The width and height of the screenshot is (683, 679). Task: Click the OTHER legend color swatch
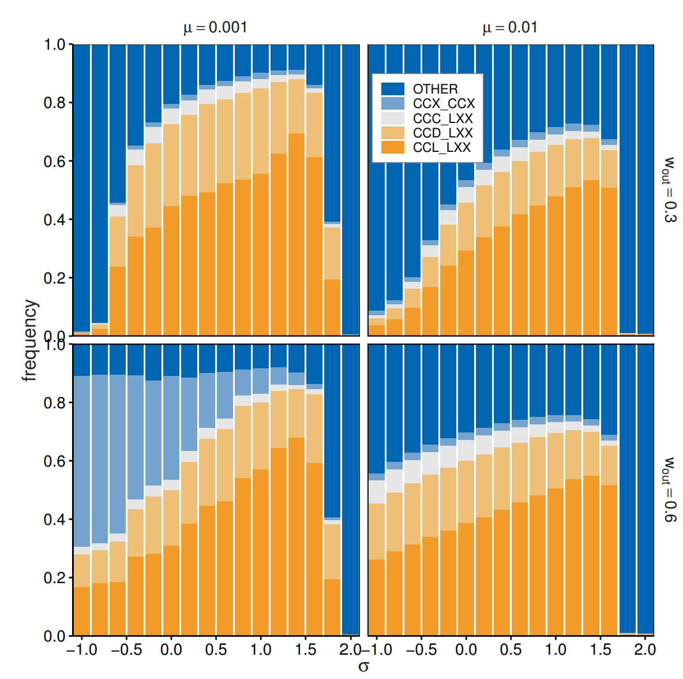(x=392, y=89)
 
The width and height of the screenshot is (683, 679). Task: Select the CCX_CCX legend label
(x=444, y=104)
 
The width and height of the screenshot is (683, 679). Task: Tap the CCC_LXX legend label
(x=442, y=118)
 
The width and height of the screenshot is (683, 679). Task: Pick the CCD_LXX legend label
(x=442, y=133)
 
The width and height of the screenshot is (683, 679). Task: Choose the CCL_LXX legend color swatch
(x=392, y=148)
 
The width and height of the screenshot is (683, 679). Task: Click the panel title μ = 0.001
(x=215, y=28)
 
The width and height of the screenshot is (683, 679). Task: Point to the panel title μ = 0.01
(x=510, y=28)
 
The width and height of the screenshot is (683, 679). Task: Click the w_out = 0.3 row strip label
(x=670, y=189)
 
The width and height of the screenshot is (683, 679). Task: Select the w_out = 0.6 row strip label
(x=670, y=490)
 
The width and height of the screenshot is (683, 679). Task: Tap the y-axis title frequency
(x=30, y=341)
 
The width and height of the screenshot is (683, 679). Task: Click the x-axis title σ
(x=363, y=666)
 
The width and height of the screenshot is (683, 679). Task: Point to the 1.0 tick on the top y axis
(x=55, y=44)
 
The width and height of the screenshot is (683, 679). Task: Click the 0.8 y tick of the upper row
(x=55, y=103)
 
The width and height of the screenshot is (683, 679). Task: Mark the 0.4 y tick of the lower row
(x=55, y=520)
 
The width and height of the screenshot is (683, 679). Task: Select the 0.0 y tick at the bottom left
(x=55, y=636)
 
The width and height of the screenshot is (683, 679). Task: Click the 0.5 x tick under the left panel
(x=216, y=650)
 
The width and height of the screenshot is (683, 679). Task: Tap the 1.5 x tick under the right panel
(x=601, y=650)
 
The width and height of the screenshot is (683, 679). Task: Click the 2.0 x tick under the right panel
(x=645, y=650)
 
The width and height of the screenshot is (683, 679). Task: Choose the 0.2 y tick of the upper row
(x=55, y=278)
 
